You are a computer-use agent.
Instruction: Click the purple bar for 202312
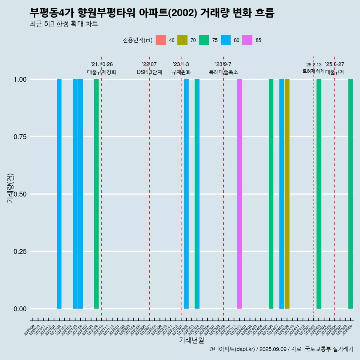(x=239, y=194)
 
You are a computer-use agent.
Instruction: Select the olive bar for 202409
(x=287, y=194)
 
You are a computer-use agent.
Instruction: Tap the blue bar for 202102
(x=59, y=194)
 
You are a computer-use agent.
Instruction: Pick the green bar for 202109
(x=96, y=194)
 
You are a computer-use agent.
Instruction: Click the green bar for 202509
(x=351, y=194)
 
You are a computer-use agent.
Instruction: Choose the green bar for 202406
(x=271, y=194)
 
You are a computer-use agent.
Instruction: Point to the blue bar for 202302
(x=186, y=194)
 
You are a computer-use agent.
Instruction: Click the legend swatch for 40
(x=160, y=40)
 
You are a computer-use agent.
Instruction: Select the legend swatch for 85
(x=247, y=40)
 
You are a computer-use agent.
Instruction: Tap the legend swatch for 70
(x=182, y=40)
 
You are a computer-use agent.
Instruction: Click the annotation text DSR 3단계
(x=149, y=72)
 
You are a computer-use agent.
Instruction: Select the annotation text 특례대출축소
(x=223, y=72)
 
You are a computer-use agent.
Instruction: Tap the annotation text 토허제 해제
(x=313, y=71)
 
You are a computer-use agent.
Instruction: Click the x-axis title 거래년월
(x=191, y=340)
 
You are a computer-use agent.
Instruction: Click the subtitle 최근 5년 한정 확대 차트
(x=64, y=24)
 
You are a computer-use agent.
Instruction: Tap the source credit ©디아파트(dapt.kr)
(x=232, y=349)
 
